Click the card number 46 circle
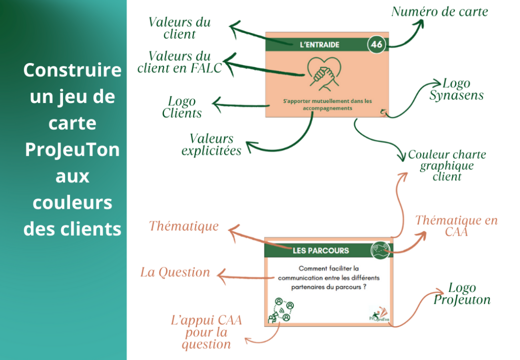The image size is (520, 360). click(x=376, y=45)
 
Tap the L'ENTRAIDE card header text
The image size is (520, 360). click(x=319, y=45)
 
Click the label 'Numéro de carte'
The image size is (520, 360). click(x=439, y=11)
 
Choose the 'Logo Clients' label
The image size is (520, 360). click(x=182, y=107)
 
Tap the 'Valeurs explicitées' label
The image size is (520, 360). click(x=211, y=144)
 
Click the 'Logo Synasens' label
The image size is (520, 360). click(x=456, y=89)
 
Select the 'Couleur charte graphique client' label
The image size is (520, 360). click(x=447, y=166)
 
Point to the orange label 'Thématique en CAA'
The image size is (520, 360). click(x=456, y=226)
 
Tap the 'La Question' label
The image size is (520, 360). click(x=175, y=272)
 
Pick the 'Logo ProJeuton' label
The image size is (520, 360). click(x=462, y=294)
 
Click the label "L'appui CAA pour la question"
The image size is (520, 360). click(x=206, y=332)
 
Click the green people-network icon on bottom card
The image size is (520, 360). click(x=282, y=310)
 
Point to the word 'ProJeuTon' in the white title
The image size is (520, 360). click(x=73, y=150)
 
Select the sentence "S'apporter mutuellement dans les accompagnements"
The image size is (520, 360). click(x=327, y=105)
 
